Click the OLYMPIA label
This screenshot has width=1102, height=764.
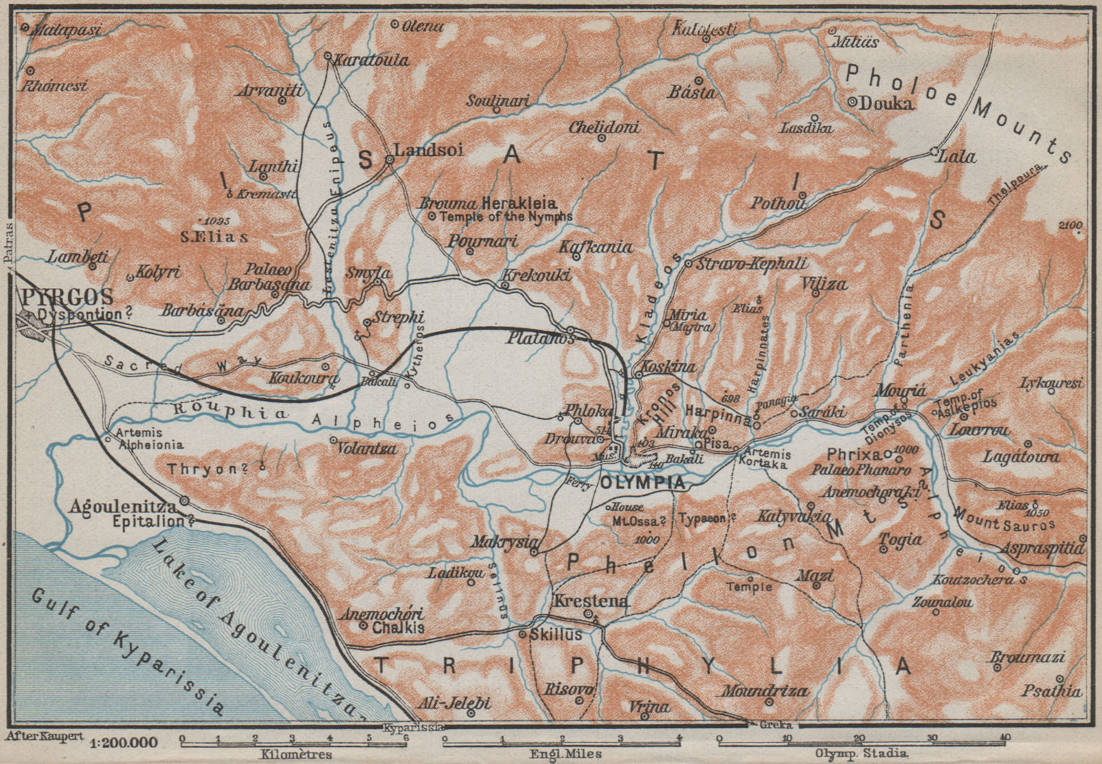(x=643, y=483)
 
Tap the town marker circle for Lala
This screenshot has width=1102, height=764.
(x=934, y=152)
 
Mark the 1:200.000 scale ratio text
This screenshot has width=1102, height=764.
(x=123, y=743)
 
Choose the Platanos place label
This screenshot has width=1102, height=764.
(x=531, y=338)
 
